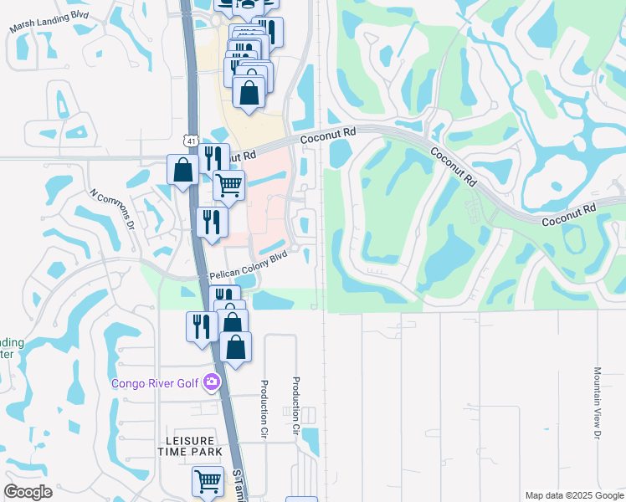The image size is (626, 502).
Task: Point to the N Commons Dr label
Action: click(113, 209)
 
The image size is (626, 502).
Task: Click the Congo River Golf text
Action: click(156, 383)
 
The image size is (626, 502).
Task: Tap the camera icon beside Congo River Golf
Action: click(211, 383)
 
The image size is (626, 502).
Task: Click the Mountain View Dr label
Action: click(598, 402)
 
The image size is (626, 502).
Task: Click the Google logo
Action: click(28, 492)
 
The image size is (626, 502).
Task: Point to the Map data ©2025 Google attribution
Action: click(574, 495)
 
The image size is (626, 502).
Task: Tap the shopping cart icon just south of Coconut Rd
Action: click(228, 185)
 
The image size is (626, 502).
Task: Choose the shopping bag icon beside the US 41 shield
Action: click(183, 170)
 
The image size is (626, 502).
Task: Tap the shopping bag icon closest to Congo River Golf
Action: click(236, 346)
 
